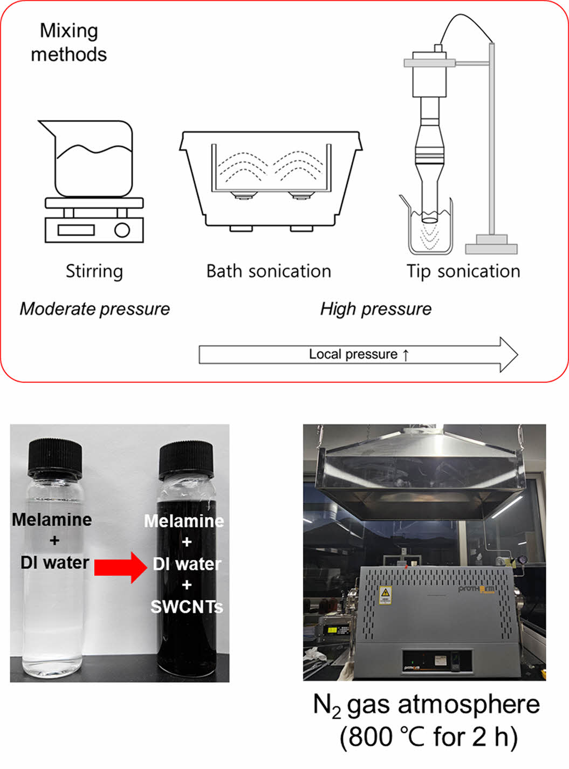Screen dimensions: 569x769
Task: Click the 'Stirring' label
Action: click(94, 271)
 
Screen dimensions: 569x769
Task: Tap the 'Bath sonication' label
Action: click(269, 271)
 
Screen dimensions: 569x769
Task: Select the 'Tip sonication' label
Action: click(463, 271)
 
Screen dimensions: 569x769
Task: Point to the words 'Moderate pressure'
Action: click(95, 309)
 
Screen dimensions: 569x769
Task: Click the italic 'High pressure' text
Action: click(376, 309)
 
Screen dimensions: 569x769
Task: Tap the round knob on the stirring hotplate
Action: click(122, 230)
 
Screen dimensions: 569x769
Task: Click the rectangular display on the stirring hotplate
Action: click(76, 230)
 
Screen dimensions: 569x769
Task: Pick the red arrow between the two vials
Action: click(121, 567)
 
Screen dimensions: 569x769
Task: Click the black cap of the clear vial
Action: click(55, 458)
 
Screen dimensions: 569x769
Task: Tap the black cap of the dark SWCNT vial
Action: click(186, 460)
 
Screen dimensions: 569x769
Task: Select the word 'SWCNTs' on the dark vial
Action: click(187, 607)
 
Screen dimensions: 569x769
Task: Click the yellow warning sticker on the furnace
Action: click(385, 595)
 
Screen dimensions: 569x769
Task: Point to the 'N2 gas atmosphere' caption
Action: click(427, 705)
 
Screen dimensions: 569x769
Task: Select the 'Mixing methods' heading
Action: click(68, 42)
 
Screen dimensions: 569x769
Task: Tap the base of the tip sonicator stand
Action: click(491, 245)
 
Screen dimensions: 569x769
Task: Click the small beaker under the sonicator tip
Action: click(430, 226)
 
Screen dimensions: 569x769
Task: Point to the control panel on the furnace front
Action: click(437, 662)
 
